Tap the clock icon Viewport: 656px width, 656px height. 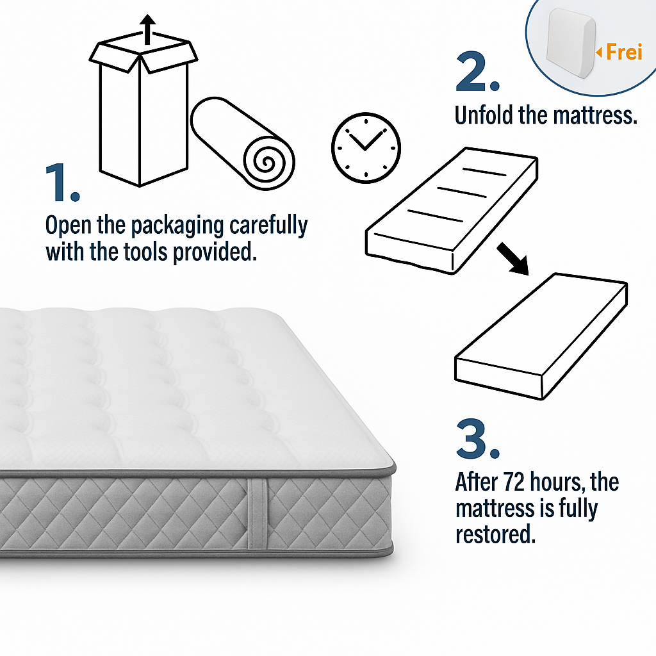pyautogui.click(x=365, y=147)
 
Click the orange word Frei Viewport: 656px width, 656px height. pyautogui.click(x=624, y=52)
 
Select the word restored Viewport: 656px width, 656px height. pyautogui.click(x=495, y=535)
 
